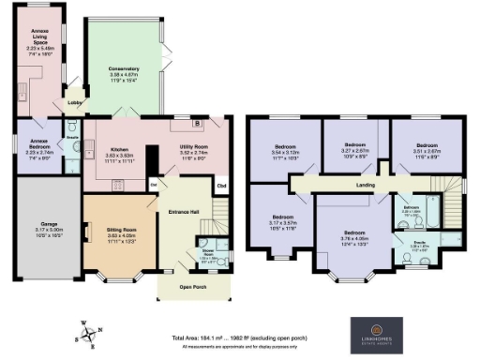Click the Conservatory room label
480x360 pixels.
pos(123,68)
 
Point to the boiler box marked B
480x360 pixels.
pos(196,123)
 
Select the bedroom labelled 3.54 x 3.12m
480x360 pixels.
pos(285,148)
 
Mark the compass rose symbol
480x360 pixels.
pos(86,333)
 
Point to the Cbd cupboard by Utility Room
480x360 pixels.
pos(221,185)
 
